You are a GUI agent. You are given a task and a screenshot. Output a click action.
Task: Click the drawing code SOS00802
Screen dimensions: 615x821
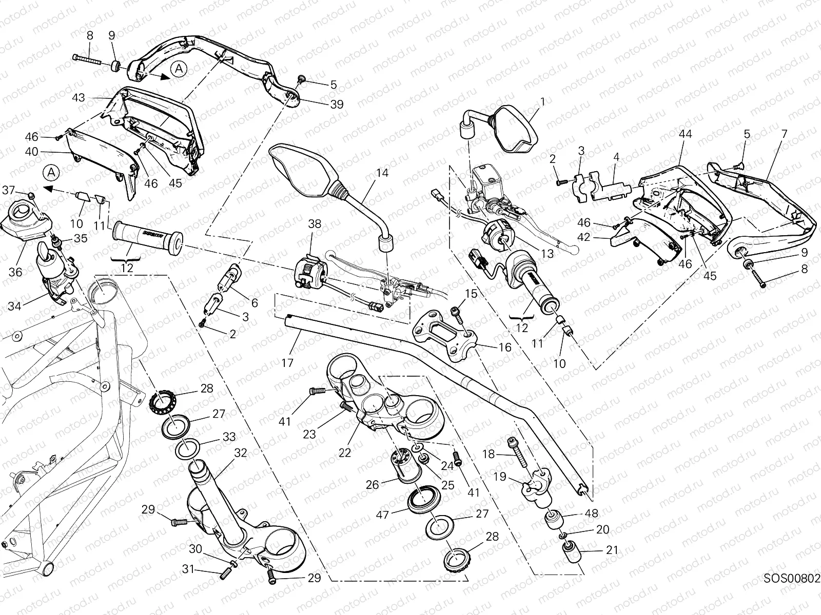pyautogui.click(x=792, y=579)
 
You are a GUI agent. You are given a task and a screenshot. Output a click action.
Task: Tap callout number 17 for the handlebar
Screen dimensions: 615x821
pyautogui.click(x=287, y=363)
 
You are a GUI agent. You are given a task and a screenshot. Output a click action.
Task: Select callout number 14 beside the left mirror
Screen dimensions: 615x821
pyautogui.click(x=382, y=173)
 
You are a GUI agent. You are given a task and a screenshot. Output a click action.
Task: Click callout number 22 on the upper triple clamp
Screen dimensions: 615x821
pyautogui.click(x=345, y=453)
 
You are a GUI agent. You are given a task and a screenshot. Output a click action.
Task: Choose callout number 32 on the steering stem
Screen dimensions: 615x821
pyautogui.click(x=240, y=453)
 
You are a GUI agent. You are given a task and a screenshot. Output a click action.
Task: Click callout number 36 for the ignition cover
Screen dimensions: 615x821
pyautogui.click(x=15, y=272)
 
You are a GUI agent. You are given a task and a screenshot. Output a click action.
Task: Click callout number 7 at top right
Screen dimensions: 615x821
pyautogui.click(x=784, y=134)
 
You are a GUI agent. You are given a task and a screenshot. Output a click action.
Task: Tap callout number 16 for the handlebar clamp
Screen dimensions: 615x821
pyautogui.click(x=505, y=347)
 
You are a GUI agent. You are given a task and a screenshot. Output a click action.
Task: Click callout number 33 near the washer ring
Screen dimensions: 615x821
pyautogui.click(x=229, y=437)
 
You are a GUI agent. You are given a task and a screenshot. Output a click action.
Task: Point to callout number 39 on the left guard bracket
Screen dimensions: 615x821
pyautogui.click(x=337, y=104)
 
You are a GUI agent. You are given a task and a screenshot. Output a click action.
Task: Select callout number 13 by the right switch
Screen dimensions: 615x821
pyautogui.click(x=547, y=253)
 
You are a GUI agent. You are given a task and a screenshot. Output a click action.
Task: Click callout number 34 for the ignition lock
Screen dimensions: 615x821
pyautogui.click(x=14, y=307)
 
